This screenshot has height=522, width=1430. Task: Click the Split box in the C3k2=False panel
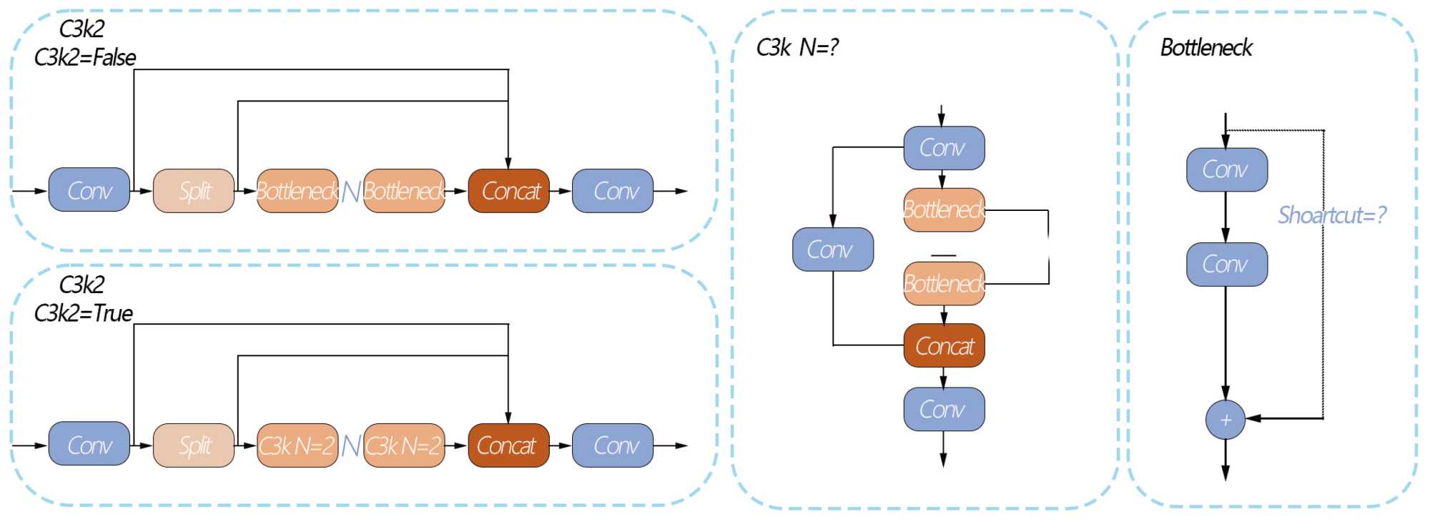[x=194, y=191]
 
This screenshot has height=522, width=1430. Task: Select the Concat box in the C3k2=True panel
[x=508, y=445]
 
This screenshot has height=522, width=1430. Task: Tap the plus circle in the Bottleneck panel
[x=1226, y=420]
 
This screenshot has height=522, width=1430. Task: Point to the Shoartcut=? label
[x=1332, y=215]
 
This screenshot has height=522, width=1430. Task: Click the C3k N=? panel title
[x=797, y=48]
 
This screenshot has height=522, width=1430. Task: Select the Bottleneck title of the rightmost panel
[x=1206, y=48]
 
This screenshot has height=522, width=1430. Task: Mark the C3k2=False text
[x=85, y=57]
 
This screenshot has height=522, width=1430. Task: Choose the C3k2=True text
[x=84, y=313]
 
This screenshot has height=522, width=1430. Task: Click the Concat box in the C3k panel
[x=944, y=346]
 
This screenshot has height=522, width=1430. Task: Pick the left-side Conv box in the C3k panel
[x=833, y=250]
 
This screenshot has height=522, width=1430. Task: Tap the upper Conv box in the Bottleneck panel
[x=1227, y=169]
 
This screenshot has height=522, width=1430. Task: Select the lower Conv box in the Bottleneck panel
[x=1227, y=265]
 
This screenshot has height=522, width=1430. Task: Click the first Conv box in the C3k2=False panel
[x=89, y=190]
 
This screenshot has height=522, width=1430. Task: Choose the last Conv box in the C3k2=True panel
[x=613, y=445]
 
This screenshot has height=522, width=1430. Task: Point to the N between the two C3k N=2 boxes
[x=351, y=445]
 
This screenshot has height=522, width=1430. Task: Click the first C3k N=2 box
[x=297, y=445]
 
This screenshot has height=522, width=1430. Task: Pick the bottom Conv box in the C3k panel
[x=944, y=409]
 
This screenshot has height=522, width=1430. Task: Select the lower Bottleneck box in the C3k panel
[x=944, y=284]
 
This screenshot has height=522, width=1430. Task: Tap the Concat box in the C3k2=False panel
[x=508, y=191]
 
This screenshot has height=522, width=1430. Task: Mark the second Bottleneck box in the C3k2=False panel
[x=404, y=191]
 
